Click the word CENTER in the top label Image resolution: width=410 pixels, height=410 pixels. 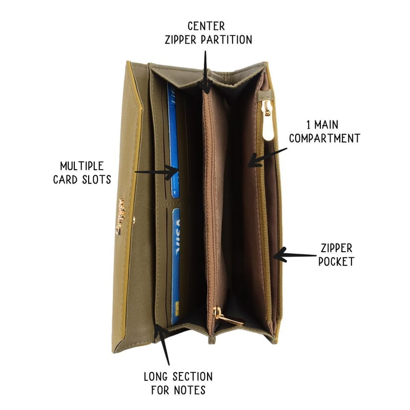tap(207, 26)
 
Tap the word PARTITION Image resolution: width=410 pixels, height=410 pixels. tap(227, 40)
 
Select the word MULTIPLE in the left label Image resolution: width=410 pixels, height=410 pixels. tap(82, 166)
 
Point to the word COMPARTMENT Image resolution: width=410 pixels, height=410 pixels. tap(324, 138)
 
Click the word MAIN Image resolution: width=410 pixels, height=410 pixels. tap(326, 125)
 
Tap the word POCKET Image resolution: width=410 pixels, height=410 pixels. tap(336, 261)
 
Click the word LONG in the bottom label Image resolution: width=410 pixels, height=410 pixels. tap(156, 377)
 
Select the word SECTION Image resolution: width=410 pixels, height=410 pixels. tap(193, 377)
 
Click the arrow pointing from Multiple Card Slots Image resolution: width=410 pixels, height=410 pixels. tap(156, 172)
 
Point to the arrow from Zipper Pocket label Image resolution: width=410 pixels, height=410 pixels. tap(295, 255)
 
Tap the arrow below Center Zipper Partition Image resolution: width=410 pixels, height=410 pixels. tap(206, 72)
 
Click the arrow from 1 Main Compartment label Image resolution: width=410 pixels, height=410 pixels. tap(267, 157)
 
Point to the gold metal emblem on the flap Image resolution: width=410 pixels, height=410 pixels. tap(121, 216)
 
